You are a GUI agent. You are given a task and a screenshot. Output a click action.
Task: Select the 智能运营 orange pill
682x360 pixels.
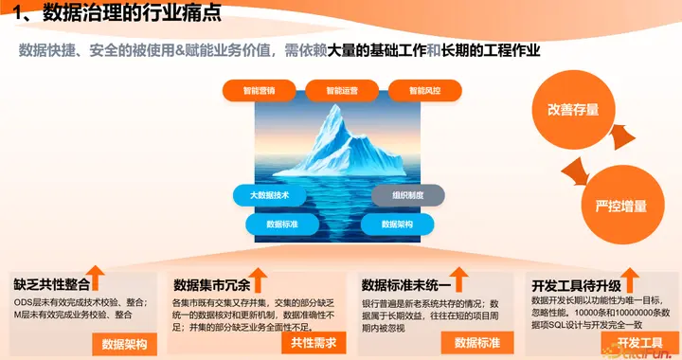(x=342, y=91)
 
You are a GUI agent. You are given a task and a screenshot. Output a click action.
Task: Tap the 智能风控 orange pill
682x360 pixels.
(x=423, y=91)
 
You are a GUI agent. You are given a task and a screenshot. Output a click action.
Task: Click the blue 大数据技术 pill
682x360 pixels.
(x=268, y=195)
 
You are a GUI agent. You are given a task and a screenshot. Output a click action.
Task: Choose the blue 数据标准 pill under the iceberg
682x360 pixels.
(x=281, y=225)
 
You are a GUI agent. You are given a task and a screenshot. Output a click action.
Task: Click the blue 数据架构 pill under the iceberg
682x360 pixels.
(x=396, y=225)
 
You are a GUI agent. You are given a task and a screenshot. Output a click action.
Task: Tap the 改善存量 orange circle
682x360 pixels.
(x=572, y=110)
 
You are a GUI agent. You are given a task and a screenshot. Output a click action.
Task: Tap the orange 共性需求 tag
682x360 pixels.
(x=314, y=342)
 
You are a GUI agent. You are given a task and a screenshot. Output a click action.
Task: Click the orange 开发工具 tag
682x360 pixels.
(x=640, y=342)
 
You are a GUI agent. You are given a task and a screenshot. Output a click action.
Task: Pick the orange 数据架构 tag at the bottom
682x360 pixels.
(x=125, y=343)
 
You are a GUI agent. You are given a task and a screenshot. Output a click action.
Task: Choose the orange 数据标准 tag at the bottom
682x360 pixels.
(x=477, y=342)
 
